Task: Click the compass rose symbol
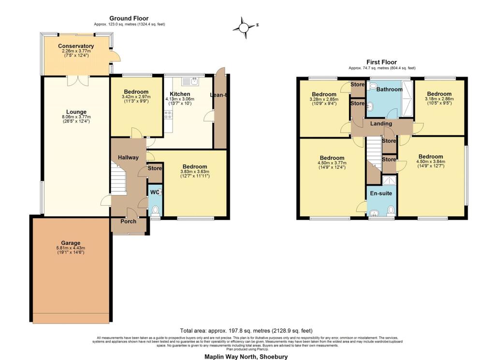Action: pos(245,27)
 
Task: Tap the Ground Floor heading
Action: pos(129,18)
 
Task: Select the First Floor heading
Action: pos(382,62)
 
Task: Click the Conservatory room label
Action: pos(76,46)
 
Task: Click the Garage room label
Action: pos(71,243)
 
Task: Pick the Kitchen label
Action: pos(179,94)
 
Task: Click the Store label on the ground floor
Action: pos(155,169)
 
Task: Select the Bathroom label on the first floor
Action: pos(389,90)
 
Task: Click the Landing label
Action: pos(381,124)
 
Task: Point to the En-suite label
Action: pos(381,193)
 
